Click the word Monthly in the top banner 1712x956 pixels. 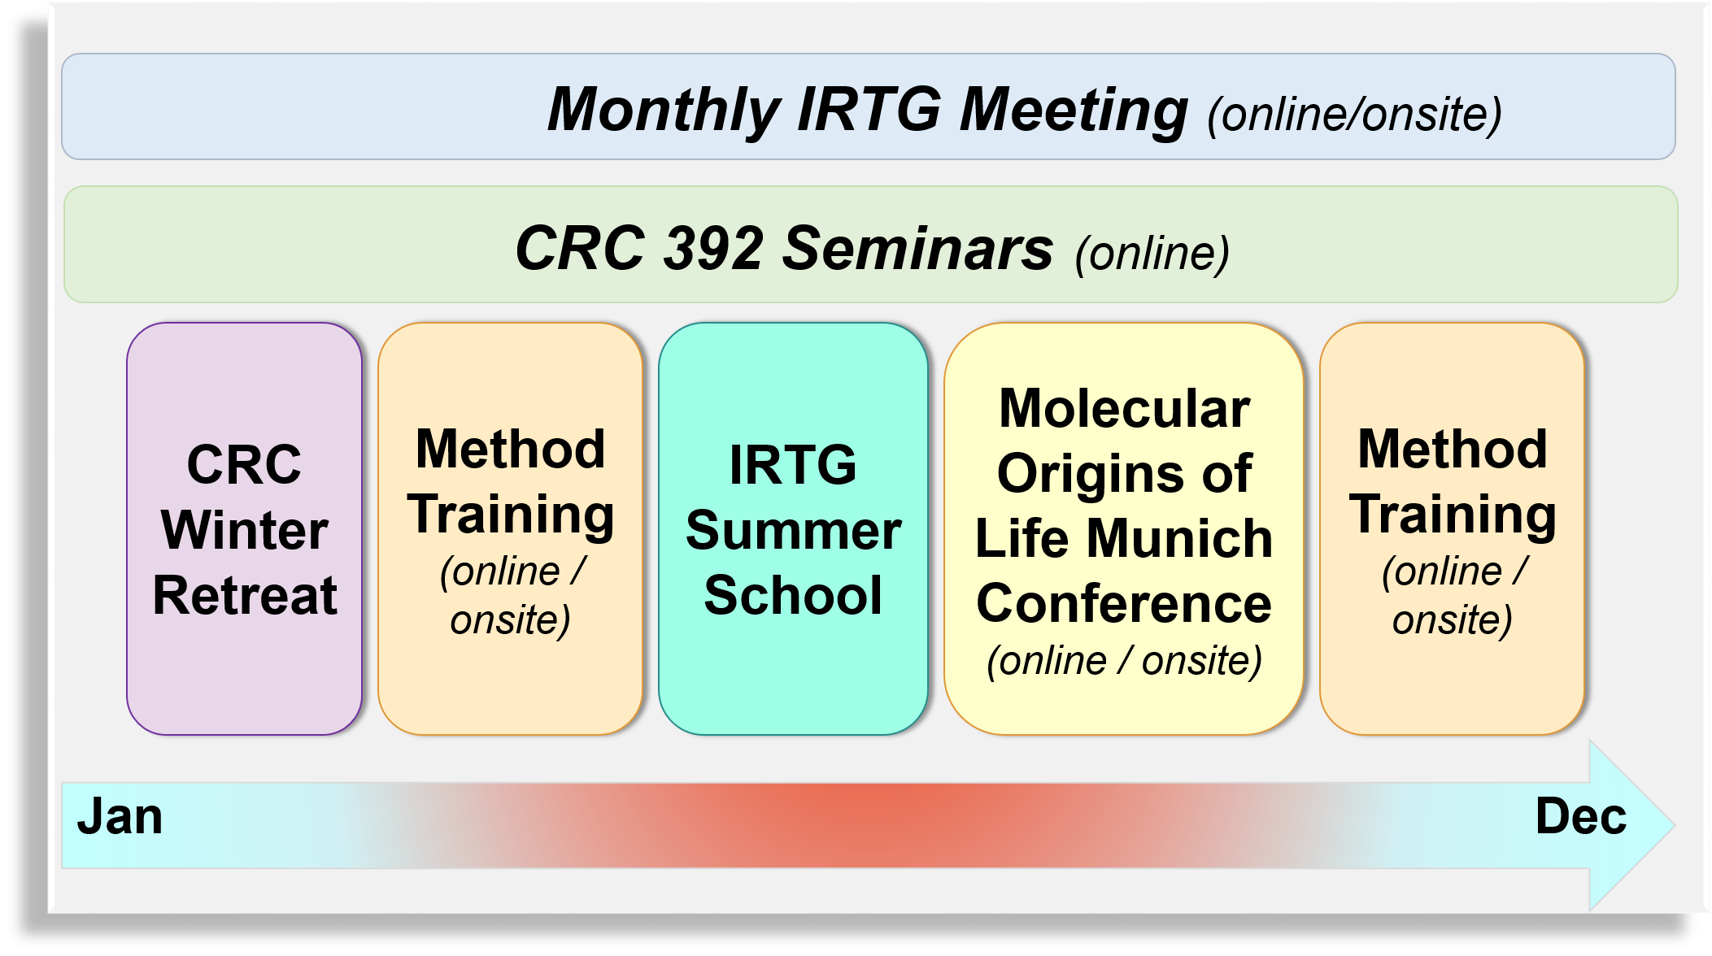pos(663,111)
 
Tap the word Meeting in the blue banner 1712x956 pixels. pos(1074,111)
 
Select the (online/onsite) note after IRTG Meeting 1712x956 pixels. pos(1354,115)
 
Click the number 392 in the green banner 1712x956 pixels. pos(714,249)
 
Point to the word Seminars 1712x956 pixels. pos(917,249)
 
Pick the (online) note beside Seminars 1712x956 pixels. pos(1152,254)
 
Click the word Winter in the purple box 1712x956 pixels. pos(245,531)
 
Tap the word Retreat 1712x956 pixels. pos(245,596)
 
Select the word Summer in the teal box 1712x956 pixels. pos(793,531)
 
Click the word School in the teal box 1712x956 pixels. pos(793,596)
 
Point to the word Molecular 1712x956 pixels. pos(1124,408)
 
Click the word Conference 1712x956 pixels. pos(1124,604)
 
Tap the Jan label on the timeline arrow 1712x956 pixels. pos(120,817)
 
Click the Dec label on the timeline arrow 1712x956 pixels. pos(1580,817)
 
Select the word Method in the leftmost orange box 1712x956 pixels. pos(510,450)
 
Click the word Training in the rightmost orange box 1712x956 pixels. pos(1453,515)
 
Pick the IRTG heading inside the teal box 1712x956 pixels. pos(793,465)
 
